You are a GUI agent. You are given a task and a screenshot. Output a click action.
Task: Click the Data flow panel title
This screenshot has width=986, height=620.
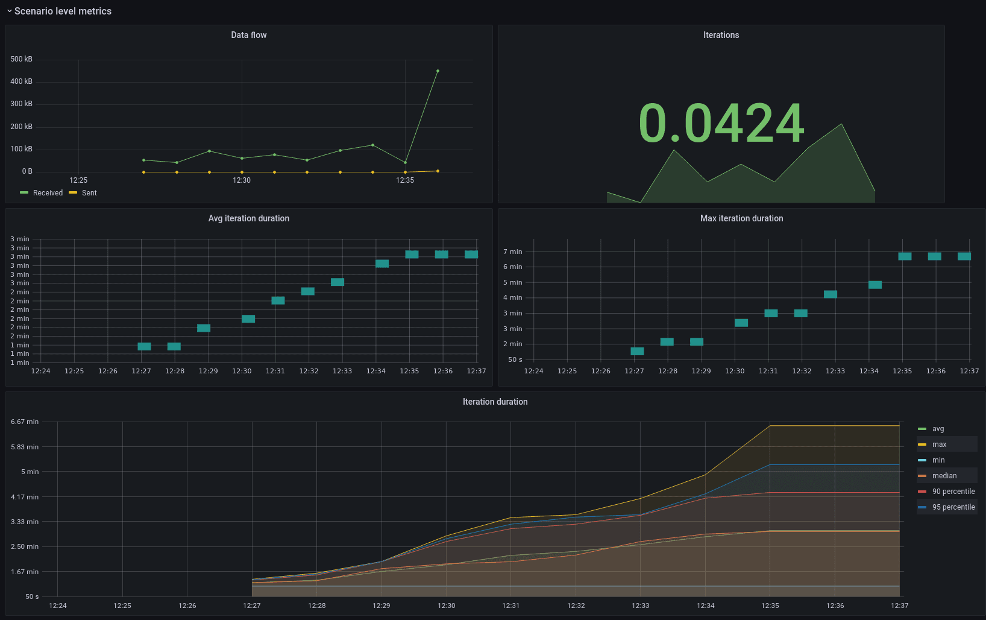tap(248, 35)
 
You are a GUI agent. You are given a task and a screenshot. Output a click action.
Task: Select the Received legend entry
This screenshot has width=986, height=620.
tap(48, 193)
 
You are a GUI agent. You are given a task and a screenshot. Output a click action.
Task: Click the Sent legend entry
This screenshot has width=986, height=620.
tap(89, 193)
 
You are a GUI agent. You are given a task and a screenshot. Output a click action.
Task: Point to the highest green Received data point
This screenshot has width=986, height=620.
tap(438, 71)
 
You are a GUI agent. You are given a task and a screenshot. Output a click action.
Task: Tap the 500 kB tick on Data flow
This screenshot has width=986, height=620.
tap(21, 59)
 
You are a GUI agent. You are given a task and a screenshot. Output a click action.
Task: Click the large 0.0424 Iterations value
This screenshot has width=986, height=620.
tap(721, 123)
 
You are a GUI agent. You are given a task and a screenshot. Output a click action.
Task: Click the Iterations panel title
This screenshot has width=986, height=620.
tap(721, 35)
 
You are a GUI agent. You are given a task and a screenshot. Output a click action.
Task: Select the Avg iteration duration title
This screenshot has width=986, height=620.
tap(248, 218)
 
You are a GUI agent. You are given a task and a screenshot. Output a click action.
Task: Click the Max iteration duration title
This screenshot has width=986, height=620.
tap(741, 218)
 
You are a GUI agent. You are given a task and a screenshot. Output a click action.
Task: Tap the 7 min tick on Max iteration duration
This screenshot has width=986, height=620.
tap(513, 251)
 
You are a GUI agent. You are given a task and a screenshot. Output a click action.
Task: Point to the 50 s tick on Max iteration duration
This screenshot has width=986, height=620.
tap(515, 359)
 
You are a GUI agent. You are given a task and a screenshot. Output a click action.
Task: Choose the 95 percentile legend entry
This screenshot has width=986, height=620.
tap(953, 507)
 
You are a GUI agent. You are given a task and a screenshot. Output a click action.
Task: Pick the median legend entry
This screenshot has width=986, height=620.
tap(944, 476)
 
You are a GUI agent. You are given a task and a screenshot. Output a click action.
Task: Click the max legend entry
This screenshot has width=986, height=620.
tap(939, 444)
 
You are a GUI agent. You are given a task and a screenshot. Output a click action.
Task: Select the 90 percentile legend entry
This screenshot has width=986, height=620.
tap(953, 492)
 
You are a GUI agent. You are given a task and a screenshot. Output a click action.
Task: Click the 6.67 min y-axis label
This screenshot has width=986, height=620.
tap(25, 422)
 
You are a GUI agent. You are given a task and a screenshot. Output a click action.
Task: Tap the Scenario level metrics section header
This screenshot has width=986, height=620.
tap(63, 11)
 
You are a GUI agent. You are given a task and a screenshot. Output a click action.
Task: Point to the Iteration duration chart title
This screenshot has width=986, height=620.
tap(495, 402)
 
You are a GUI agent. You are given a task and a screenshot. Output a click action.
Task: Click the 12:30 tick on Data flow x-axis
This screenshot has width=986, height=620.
tap(242, 180)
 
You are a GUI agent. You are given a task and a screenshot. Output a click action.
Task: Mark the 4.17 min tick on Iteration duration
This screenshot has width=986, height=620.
tap(25, 497)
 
